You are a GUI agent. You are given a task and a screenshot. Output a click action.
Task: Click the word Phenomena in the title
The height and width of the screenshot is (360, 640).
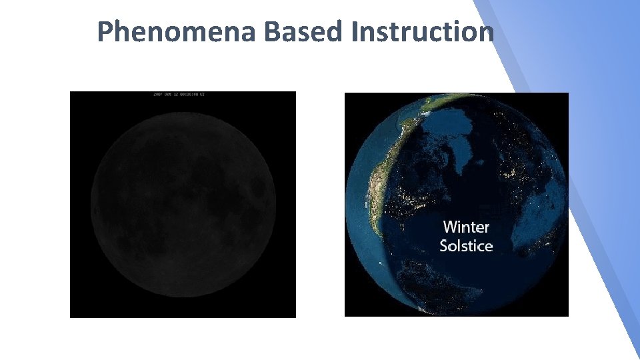(175, 31)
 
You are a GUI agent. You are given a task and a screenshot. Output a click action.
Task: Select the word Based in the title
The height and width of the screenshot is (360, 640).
(303, 31)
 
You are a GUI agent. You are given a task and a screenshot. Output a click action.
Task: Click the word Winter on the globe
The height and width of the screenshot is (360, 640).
(466, 227)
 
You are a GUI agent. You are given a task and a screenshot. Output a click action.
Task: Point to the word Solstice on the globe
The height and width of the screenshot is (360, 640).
(466, 246)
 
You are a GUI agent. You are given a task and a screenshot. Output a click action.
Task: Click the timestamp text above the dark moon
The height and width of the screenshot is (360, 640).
(179, 95)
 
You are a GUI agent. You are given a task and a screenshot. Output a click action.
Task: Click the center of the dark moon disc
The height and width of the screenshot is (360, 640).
(183, 203)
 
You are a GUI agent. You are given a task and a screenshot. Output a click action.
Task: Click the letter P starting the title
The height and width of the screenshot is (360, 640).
(104, 31)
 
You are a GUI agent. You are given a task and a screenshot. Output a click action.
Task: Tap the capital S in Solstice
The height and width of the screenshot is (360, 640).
(445, 246)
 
